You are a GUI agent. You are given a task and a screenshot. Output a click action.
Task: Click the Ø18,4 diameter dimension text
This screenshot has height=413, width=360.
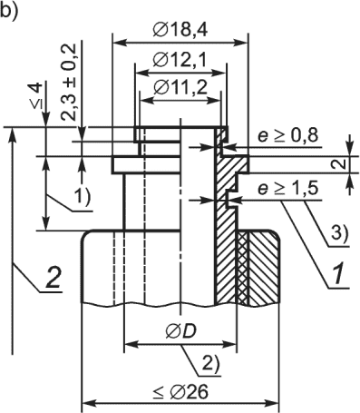point(180,30)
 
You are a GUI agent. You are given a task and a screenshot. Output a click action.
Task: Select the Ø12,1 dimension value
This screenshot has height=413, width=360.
point(180,60)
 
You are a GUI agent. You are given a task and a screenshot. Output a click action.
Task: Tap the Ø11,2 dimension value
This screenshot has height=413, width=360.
point(180,88)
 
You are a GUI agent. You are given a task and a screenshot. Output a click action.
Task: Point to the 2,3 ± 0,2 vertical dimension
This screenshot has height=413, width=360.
point(68,82)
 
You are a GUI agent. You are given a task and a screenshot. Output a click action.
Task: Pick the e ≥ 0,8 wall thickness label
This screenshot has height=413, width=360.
point(287,136)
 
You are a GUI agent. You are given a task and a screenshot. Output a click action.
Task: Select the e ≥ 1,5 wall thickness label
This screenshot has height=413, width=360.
point(287,190)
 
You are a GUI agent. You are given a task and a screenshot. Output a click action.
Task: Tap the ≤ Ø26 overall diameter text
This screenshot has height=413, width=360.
point(180,392)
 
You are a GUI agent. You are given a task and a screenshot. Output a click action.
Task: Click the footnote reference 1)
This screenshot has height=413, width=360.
point(81,198)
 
